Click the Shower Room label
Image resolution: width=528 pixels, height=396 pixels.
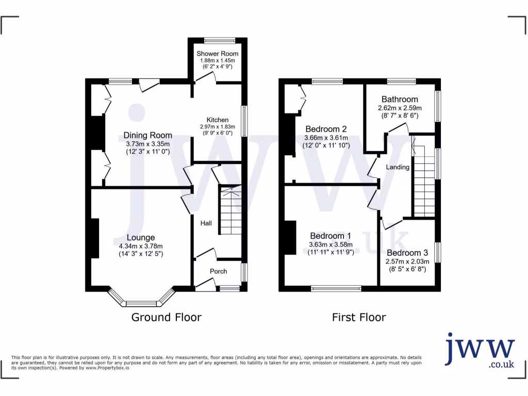217,54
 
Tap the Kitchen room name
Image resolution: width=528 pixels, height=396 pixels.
218,120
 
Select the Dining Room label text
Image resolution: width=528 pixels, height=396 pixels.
147,135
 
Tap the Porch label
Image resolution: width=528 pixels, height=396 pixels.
218,271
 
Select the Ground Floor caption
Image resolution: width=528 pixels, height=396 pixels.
166,317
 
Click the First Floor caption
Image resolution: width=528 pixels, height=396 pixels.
358,317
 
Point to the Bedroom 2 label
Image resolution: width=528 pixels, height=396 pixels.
325,129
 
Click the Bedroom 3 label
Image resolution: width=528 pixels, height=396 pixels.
407,253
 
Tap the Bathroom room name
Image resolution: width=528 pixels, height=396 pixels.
400,100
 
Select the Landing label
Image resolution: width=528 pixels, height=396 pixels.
398,167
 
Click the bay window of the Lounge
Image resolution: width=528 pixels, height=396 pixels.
141,302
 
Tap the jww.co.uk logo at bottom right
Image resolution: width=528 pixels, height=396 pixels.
480,351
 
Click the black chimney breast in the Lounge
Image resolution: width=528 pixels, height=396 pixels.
95,238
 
